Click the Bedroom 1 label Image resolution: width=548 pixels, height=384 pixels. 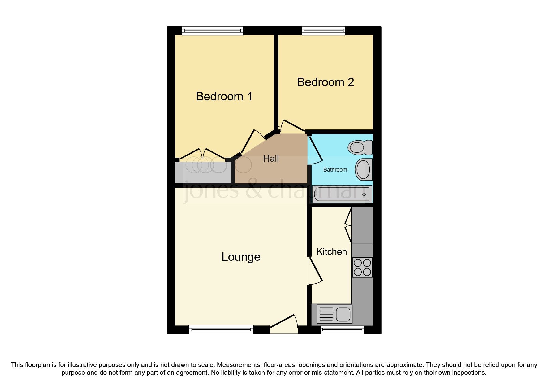tap(224, 96)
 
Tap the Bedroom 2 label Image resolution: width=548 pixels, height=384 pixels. tap(325, 82)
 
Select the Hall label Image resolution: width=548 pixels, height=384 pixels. tap(271, 159)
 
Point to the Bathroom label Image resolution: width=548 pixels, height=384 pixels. tap(335, 170)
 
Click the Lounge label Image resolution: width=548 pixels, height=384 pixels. tap(241, 257)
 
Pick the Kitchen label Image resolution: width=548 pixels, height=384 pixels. tap(331, 252)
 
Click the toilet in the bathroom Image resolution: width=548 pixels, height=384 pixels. tap(360, 147)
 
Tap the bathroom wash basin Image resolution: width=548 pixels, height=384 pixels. tap(363, 169)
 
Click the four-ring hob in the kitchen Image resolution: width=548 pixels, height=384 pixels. tap(362, 267)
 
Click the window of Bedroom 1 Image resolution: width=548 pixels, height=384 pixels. tap(212, 30)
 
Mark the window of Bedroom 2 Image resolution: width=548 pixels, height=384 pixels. tap(323, 30)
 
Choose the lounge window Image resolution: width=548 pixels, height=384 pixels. tap(221, 329)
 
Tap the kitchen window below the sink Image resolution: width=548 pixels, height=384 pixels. tap(342, 330)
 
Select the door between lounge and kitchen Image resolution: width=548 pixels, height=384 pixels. tap(315, 271)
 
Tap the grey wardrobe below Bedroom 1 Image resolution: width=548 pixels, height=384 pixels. tap(203, 172)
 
